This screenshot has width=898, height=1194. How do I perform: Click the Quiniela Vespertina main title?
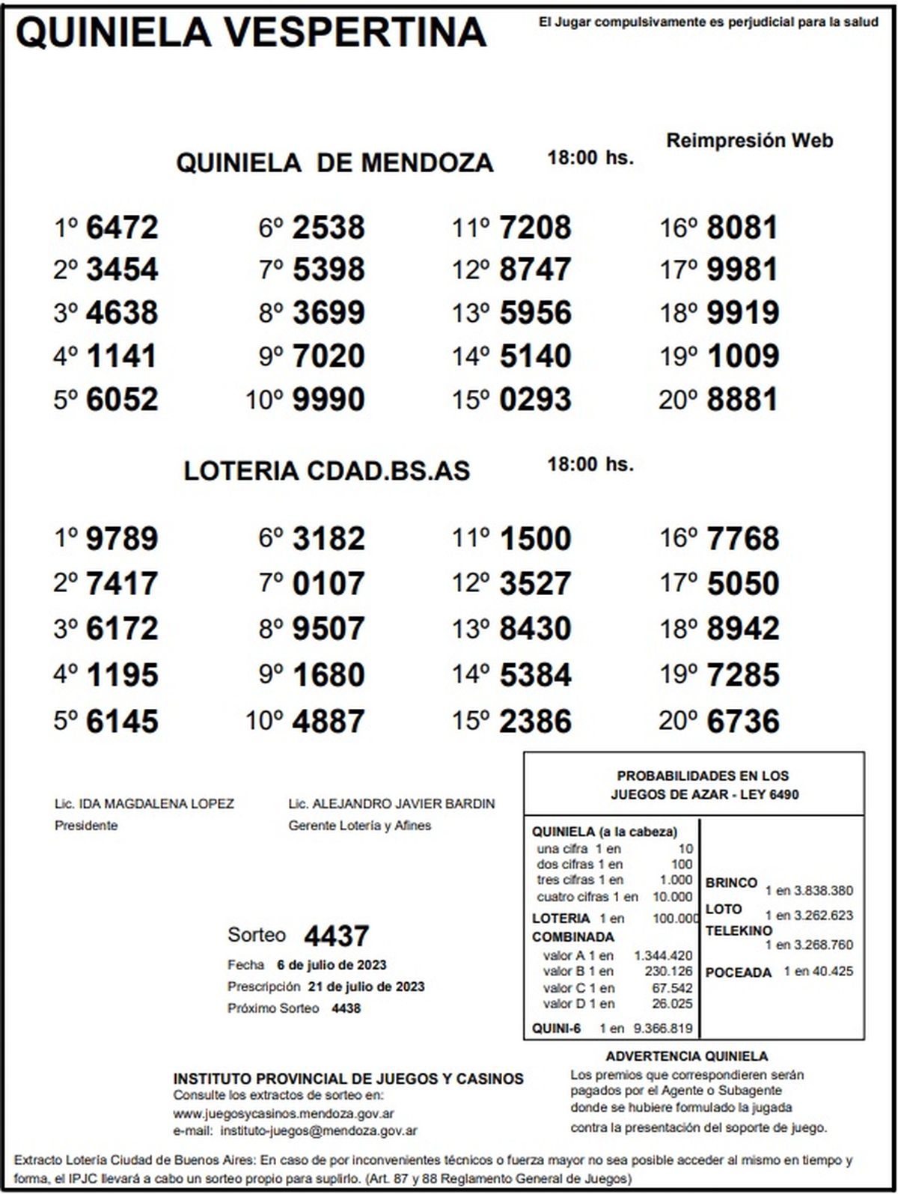point(251,32)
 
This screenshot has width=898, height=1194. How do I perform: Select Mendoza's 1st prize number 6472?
point(122,228)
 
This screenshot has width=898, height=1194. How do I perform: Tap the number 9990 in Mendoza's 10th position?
point(329,400)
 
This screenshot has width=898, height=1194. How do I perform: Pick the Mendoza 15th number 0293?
point(535,400)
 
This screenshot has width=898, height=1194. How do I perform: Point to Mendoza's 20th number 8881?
point(742,400)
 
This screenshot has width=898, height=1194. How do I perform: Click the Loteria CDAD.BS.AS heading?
point(327,471)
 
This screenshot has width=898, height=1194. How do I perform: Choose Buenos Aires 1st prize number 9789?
point(122,539)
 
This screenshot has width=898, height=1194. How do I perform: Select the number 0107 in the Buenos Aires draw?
point(329,584)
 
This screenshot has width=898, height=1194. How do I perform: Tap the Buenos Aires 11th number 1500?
point(535,539)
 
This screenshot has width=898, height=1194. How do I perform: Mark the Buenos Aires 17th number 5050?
point(742,584)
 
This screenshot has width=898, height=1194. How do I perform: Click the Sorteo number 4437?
point(336,936)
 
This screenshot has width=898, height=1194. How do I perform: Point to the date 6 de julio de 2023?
point(332,965)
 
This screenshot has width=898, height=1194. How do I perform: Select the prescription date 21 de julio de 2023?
point(366,987)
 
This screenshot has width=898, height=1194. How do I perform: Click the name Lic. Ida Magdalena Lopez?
point(144,804)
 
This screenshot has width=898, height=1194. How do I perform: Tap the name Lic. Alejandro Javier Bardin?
point(391,804)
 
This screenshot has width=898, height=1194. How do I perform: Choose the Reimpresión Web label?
point(749,141)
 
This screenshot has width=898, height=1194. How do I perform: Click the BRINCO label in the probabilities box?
point(731,883)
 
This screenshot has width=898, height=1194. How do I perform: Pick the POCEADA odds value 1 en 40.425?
point(818,972)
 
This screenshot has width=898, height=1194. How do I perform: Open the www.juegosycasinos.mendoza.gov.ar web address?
point(284,1114)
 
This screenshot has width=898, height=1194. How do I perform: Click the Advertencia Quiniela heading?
point(686,1056)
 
